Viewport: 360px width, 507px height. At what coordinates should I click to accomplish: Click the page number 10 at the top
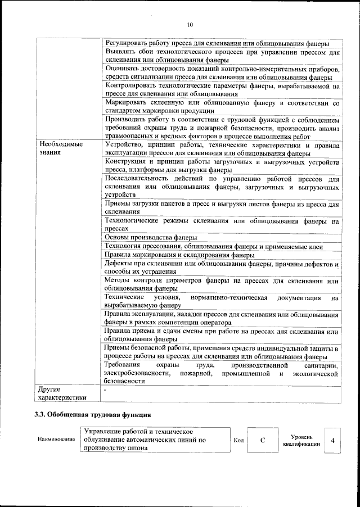[190, 25]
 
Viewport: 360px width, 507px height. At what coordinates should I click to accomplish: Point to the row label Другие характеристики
[60, 393]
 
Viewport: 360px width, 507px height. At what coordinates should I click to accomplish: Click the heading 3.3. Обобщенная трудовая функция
[92, 415]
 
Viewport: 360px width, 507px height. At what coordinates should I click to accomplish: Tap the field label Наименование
[56, 440]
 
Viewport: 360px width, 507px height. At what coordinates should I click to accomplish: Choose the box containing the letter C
[263, 440]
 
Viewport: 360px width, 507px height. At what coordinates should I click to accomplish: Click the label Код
[238, 440]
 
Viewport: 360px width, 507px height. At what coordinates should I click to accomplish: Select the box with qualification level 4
[332, 440]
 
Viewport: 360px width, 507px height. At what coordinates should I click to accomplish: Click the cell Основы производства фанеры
[151, 237]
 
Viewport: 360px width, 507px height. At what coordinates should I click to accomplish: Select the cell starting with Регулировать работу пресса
[217, 43]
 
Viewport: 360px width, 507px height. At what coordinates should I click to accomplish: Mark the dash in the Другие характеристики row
[105, 388]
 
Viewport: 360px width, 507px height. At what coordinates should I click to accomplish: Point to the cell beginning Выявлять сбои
[222, 56]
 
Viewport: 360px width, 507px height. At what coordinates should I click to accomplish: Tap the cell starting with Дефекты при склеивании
[222, 268]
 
